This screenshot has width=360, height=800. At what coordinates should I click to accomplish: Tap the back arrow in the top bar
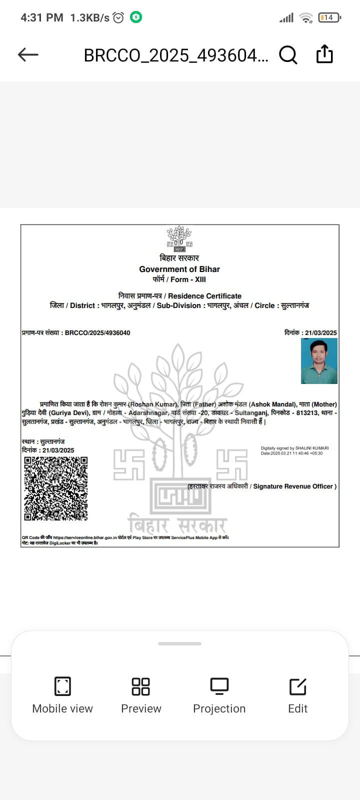point(28,54)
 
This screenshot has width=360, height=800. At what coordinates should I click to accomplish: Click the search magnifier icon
point(288,54)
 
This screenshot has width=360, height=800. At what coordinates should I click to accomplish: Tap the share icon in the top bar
point(324,54)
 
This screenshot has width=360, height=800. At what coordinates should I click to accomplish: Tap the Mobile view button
point(62,695)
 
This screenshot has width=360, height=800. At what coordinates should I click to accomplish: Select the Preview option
point(141,695)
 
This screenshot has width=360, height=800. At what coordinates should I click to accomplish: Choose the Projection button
point(219,695)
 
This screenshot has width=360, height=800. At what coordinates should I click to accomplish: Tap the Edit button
point(298,695)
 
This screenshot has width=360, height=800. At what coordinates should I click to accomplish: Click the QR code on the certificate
point(55,488)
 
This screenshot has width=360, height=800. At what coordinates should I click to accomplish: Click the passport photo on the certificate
point(319,361)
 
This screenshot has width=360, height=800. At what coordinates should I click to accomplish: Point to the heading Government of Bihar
point(179,269)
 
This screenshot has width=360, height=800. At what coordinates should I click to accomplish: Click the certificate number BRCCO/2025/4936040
point(97,332)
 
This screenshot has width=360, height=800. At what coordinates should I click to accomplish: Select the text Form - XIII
point(188,279)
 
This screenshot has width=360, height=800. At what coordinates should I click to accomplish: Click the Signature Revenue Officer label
point(294,486)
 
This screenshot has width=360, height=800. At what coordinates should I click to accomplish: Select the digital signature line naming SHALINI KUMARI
point(294,448)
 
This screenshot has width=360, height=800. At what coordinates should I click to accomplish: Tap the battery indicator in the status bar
point(329,17)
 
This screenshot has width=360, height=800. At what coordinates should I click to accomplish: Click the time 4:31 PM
point(42,17)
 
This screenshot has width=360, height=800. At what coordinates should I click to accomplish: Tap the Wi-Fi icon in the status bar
point(305,18)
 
